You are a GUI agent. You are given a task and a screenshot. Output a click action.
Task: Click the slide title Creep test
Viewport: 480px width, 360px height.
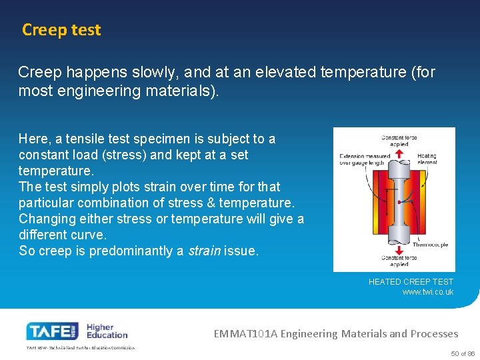[61, 30]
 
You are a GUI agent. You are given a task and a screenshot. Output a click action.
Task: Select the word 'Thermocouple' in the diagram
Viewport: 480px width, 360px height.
[430, 245]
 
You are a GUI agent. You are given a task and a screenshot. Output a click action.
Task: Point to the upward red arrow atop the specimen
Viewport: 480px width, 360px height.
[399, 153]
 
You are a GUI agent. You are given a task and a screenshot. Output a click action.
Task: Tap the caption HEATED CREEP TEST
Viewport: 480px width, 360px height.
[411, 282]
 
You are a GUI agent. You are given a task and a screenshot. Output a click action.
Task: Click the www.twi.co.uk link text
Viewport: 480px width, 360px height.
[427, 292]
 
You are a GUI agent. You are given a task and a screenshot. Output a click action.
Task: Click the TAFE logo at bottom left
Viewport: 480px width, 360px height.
[53, 331]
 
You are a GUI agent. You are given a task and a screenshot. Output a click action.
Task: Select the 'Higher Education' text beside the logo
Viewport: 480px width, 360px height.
[107, 331]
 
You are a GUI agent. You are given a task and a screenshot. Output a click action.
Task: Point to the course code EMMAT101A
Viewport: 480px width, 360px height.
[243, 333]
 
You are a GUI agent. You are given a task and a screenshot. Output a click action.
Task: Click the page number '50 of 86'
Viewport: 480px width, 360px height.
[463, 353]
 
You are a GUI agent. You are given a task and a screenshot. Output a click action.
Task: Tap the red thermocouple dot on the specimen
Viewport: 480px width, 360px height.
[398, 201]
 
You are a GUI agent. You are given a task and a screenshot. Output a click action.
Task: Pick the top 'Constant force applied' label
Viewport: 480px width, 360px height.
[399, 141]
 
